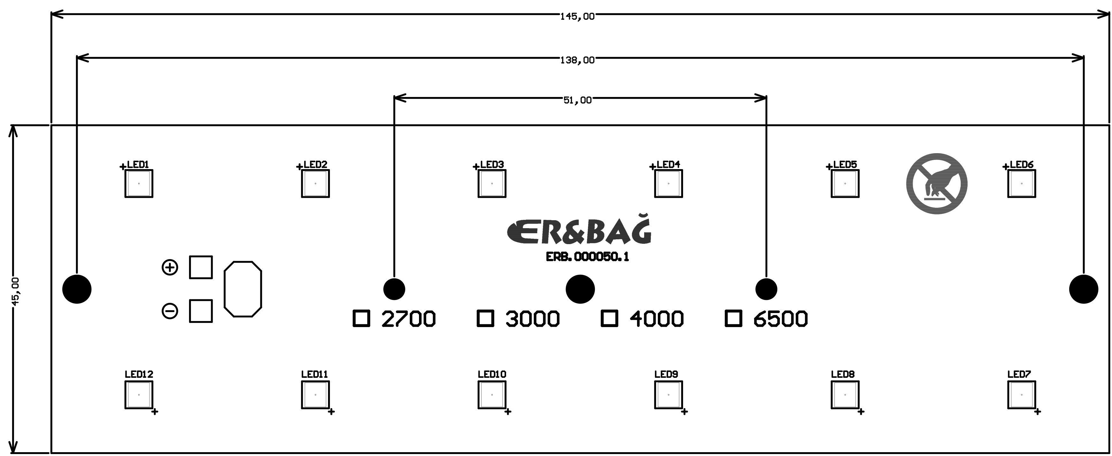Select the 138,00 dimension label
click(x=577, y=60)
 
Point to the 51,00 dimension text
click(x=577, y=101)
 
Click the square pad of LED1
click(x=139, y=184)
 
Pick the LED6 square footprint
click(x=1021, y=184)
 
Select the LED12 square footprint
click(x=139, y=395)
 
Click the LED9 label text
click(x=666, y=374)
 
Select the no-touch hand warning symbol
click(x=937, y=184)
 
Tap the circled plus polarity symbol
click(x=170, y=267)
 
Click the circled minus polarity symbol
click(x=170, y=311)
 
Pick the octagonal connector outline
click(x=243, y=289)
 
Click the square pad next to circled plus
click(x=201, y=267)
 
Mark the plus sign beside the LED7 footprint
click(x=1037, y=412)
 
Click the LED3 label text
click(x=492, y=165)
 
